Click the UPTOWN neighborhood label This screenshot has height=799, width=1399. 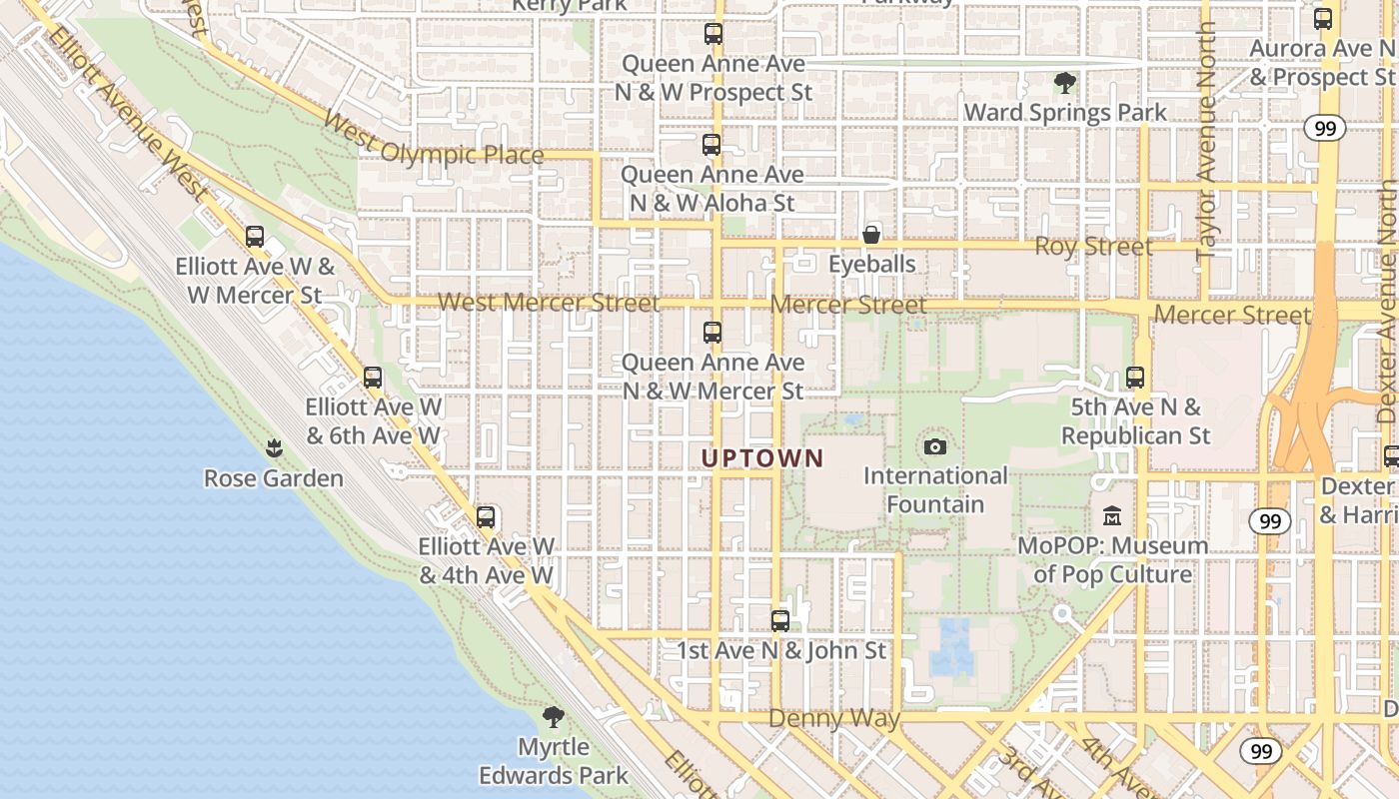(x=762, y=458)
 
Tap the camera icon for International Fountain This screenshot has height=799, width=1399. (x=935, y=446)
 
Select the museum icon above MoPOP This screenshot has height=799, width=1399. (x=1112, y=516)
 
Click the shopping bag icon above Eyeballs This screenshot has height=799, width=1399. (x=871, y=235)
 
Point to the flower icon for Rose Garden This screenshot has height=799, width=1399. (x=274, y=448)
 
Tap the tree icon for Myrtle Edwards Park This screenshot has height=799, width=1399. (x=553, y=716)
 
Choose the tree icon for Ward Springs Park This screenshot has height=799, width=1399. (x=1065, y=83)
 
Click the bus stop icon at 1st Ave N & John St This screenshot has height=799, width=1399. (x=780, y=620)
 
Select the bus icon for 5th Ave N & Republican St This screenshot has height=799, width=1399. (x=1135, y=378)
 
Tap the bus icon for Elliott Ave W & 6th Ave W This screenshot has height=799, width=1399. (x=373, y=378)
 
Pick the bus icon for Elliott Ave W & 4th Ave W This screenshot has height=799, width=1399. (x=486, y=517)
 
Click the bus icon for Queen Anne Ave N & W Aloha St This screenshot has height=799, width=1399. (x=711, y=145)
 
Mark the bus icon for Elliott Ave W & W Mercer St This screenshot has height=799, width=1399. (x=255, y=237)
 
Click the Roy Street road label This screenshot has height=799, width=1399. (x=1093, y=246)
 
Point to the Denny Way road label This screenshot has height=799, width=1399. (x=834, y=718)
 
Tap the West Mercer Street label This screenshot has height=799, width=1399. (x=548, y=302)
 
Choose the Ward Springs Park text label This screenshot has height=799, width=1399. (x=1065, y=112)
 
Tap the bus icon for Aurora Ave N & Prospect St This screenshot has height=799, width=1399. (x=1323, y=18)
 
